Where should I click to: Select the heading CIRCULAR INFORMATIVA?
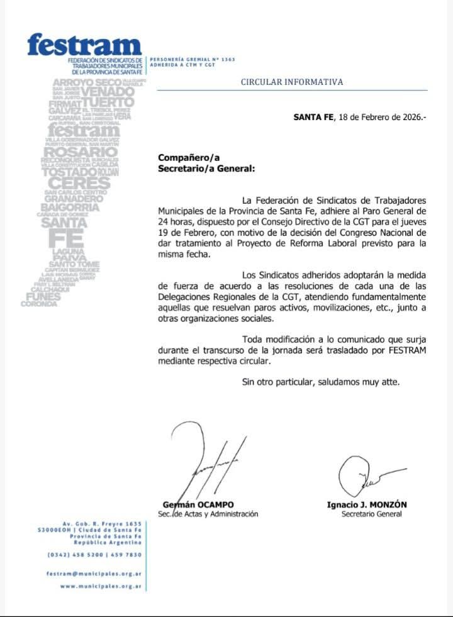[x=292, y=82]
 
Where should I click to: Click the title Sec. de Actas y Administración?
[x=208, y=514]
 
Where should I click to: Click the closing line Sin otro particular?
[x=321, y=382]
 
